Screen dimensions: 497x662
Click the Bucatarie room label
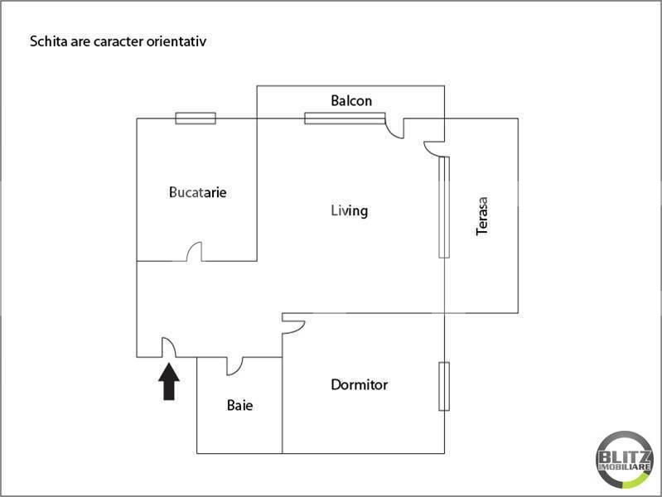pyautogui.click(x=197, y=192)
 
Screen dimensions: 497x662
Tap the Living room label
pyautogui.click(x=349, y=210)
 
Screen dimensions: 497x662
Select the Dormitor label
pyautogui.click(x=359, y=384)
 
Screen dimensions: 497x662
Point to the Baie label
pyautogui.click(x=239, y=406)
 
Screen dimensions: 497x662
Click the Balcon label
pyautogui.click(x=351, y=101)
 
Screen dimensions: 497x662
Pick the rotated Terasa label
pyautogui.click(x=482, y=215)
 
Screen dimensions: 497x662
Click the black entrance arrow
pyautogui.click(x=169, y=383)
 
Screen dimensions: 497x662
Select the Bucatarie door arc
pyautogui.click(x=195, y=251)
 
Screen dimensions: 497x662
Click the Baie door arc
pyautogui.click(x=234, y=365)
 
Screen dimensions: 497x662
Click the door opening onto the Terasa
pyautogui.click(x=432, y=148)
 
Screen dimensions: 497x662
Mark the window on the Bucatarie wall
pyautogui.click(x=196, y=118)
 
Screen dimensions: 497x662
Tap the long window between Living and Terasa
pyautogui.click(x=444, y=207)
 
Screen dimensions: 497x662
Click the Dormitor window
pyautogui.click(x=444, y=386)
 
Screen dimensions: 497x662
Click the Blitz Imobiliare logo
pyautogui.click(x=624, y=458)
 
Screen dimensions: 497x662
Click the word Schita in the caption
pyautogui.click(x=46, y=40)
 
